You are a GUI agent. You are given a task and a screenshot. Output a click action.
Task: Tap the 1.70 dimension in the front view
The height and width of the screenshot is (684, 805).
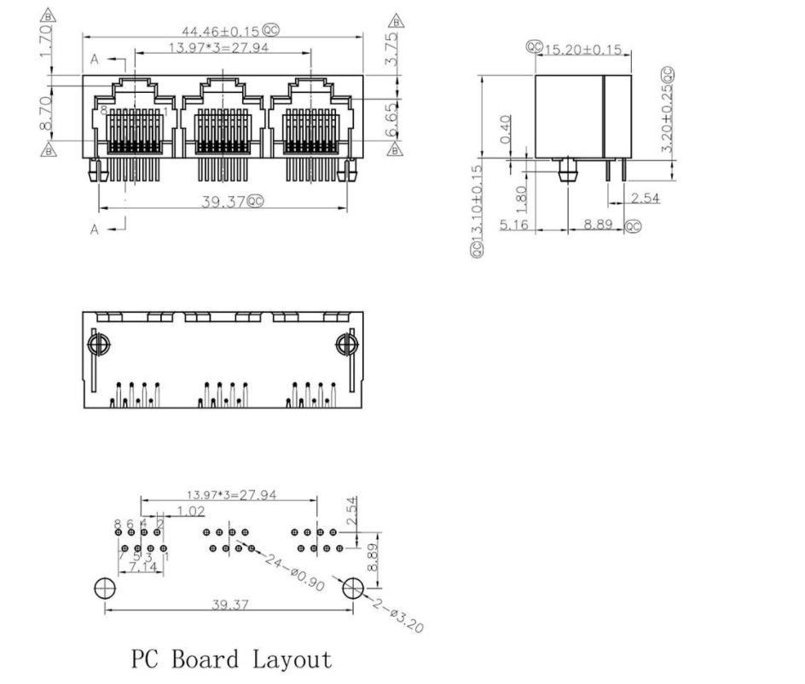coord(47,38)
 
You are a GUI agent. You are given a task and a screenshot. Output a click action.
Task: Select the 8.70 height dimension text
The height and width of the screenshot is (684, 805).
coord(47,113)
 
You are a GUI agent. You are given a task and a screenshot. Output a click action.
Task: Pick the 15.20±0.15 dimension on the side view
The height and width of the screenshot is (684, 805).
coord(582,49)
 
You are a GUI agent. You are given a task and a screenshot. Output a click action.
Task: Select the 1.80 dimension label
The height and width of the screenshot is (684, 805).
coord(522,200)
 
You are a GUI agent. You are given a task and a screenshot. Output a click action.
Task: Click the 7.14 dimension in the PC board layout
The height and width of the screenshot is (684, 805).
coord(139,566)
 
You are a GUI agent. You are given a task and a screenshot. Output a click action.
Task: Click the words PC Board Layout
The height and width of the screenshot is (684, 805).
coord(231,659)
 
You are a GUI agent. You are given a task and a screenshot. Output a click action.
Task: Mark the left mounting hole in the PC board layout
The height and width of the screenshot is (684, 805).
coord(105,588)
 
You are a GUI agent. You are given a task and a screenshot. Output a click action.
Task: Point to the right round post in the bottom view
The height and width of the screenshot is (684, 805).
coord(345,345)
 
